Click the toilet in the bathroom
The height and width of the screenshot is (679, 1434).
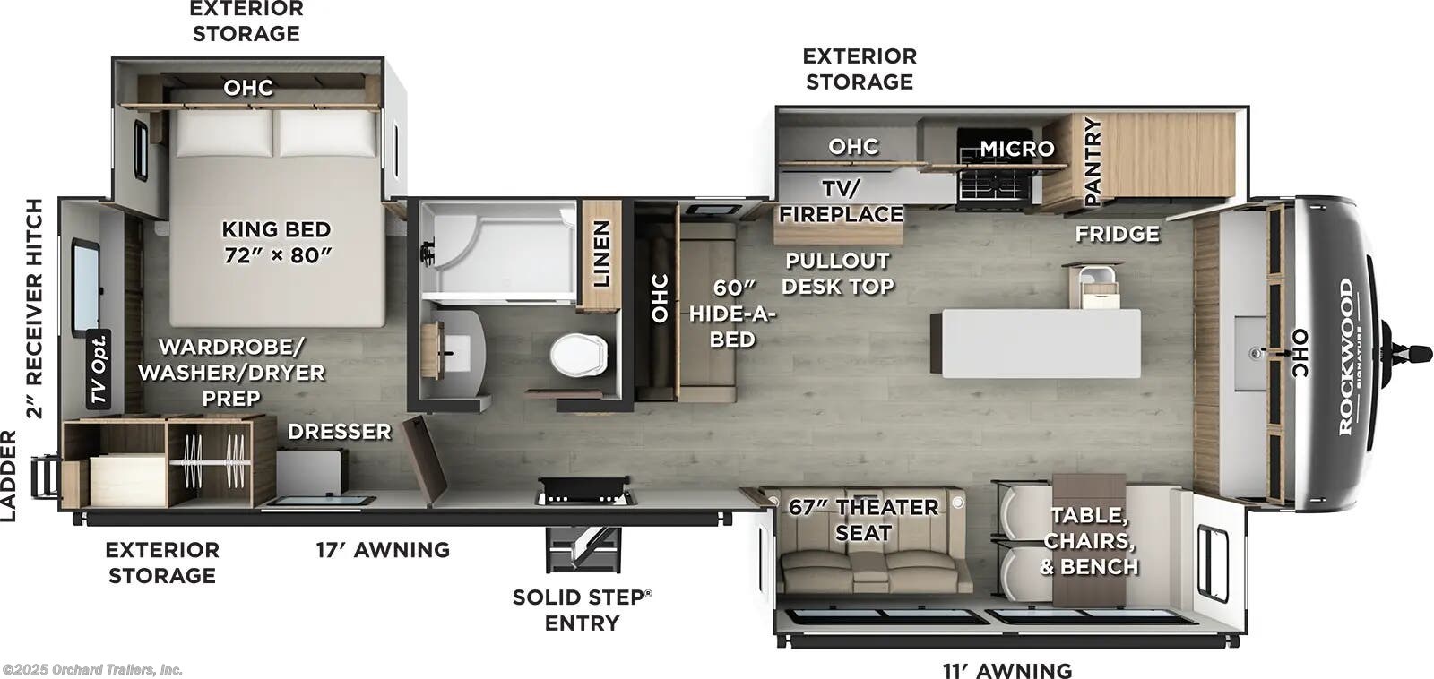coord(578,355)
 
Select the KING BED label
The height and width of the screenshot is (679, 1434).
coord(276,242)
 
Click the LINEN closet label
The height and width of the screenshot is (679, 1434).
coord(601,254)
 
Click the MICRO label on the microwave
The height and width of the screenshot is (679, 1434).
coord(1016,149)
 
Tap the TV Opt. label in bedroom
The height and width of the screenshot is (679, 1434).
coord(99,368)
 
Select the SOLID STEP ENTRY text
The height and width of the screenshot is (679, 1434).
coord(582,609)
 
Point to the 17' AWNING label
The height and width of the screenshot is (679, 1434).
coord(383,549)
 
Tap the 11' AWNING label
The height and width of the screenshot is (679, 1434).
coord(1006,670)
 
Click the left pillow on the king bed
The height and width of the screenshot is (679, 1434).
coord(223,133)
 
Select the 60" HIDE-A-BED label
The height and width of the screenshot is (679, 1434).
coord(732,314)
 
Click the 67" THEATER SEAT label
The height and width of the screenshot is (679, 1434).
coord(863,520)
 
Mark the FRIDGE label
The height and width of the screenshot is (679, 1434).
coord(1117,234)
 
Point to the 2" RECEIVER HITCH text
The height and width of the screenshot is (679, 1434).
coord(34,308)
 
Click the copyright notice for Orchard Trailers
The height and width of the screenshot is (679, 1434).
coord(92,669)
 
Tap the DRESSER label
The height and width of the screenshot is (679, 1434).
coord(339,432)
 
